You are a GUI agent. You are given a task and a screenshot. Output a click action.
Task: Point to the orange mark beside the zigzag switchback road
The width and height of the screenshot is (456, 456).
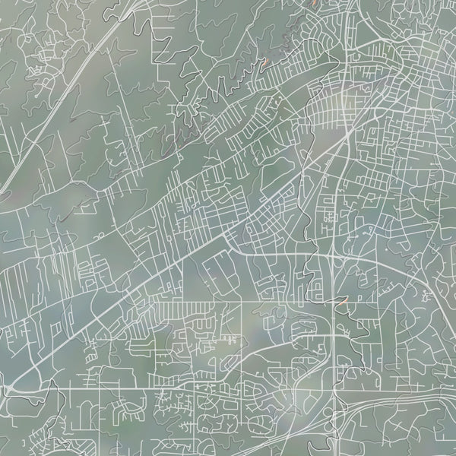(265, 65)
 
